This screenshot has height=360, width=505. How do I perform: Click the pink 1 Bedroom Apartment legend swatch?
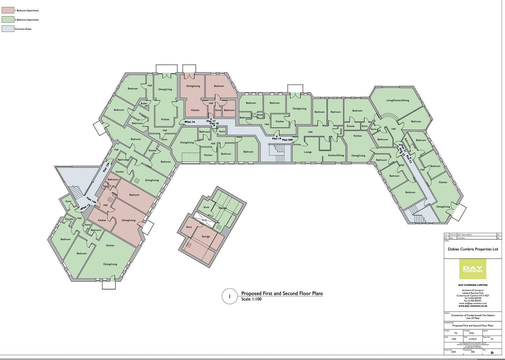point(8,10)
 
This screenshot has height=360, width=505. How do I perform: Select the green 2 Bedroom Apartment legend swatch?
point(8,20)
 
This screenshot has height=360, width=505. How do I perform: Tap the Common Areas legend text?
point(23,29)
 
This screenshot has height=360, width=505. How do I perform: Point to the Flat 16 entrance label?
point(190,122)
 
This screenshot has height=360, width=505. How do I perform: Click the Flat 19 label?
point(277,138)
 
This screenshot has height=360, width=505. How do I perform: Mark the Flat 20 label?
point(287,140)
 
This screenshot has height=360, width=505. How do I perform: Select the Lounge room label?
point(308,152)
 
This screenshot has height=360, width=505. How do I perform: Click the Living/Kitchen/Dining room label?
point(398,100)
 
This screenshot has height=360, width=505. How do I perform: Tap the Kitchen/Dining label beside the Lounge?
point(336,155)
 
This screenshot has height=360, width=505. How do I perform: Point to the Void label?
point(204,220)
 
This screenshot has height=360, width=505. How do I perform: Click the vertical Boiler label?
point(341,132)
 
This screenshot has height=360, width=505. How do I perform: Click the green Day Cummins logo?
point(473,269)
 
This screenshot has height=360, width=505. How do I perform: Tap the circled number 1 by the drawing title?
point(229,296)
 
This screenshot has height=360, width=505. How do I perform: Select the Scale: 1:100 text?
point(251,299)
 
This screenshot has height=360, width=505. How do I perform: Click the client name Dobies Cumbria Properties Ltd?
point(473,249)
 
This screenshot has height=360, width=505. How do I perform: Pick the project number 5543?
point(453,352)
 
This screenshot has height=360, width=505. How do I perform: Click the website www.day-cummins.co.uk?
point(473,306)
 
